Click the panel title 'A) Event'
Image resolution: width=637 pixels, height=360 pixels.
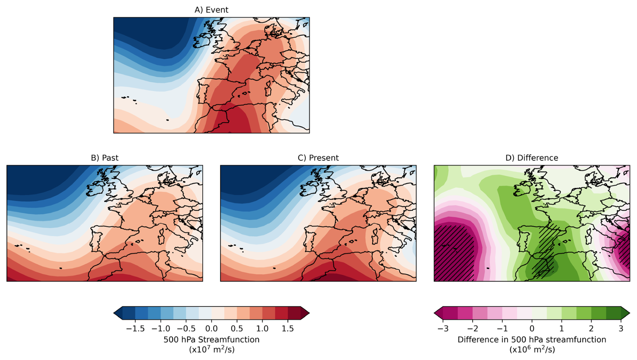coord(211,10)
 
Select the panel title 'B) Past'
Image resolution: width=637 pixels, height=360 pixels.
coord(104,158)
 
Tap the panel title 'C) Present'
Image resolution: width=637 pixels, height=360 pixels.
coord(318,158)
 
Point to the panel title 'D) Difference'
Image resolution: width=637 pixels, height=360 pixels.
coord(532,158)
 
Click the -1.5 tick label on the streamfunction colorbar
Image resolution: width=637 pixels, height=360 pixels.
coord(135,329)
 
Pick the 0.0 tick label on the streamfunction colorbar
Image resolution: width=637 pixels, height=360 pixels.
coord(211,329)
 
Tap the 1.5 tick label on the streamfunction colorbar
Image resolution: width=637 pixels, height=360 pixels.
coord(288,329)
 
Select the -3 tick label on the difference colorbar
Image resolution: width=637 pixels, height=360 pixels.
coord(443,329)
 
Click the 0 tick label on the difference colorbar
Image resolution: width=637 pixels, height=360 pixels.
coord(532,329)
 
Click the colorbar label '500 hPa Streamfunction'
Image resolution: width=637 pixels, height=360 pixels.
coord(211,339)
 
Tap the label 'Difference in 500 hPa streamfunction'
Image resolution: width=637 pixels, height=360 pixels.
coord(532,339)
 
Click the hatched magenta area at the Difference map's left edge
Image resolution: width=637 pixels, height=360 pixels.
coord(453,253)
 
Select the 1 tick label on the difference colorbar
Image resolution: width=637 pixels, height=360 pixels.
coord(562,329)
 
